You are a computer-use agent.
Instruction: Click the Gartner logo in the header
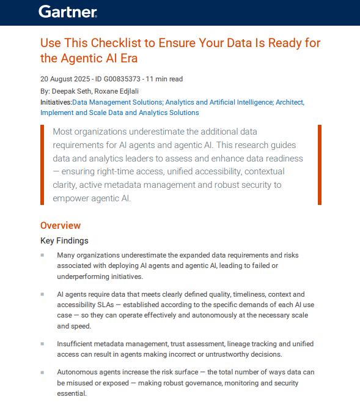[67, 12]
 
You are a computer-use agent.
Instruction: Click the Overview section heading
[61, 226]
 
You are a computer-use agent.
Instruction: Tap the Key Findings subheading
[64, 240]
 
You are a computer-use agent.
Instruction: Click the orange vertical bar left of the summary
[42, 165]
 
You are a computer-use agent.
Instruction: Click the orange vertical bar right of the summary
[319, 165]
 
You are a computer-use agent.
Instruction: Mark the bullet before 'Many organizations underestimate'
[42, 255]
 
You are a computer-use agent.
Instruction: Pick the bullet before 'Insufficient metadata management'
[42, 343]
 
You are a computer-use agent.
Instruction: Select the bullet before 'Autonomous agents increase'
[42, 372]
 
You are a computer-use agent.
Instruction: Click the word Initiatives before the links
[56, 102]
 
